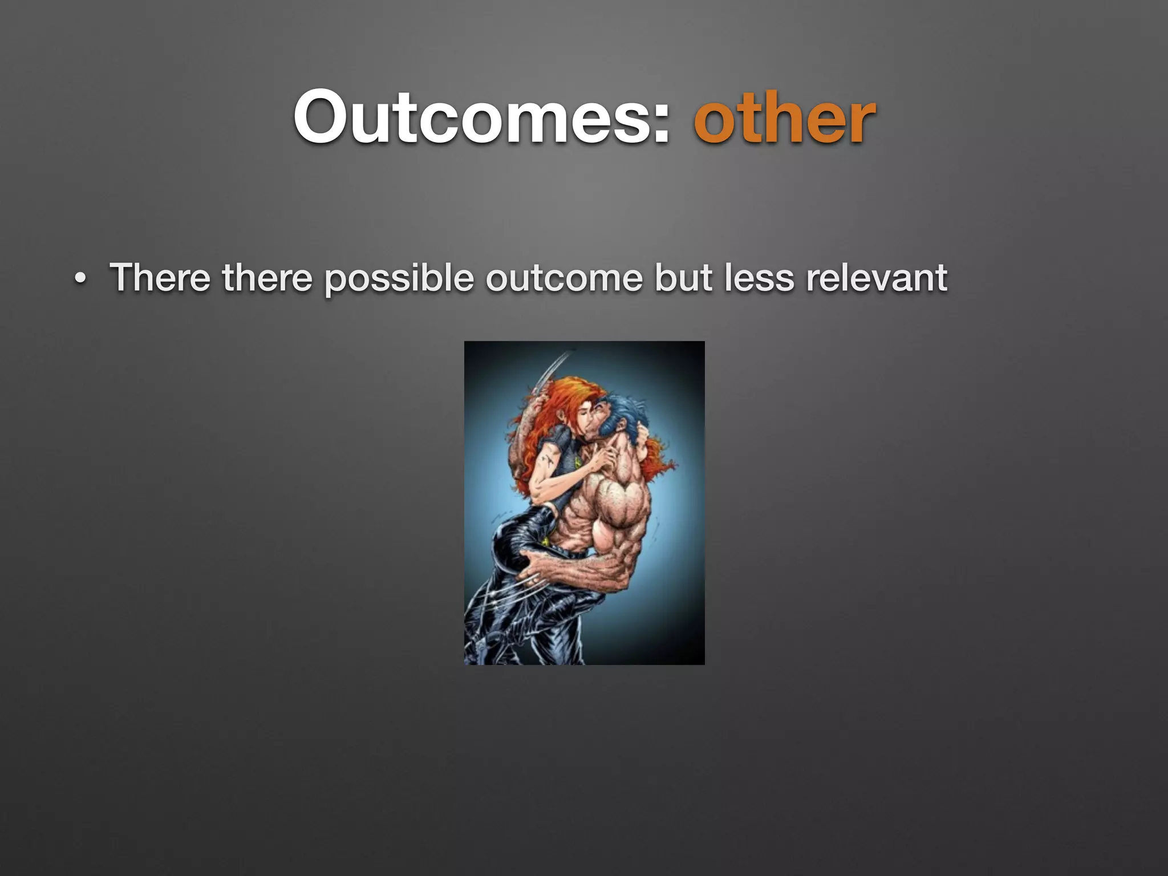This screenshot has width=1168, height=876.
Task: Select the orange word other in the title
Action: point(784,119)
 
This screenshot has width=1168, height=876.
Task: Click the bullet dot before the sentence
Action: point(80,279)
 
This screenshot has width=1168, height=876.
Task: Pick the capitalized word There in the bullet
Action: point(160,278)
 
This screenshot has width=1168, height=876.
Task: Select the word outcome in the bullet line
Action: point(563,278)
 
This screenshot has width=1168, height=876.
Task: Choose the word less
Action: point(759,278)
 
